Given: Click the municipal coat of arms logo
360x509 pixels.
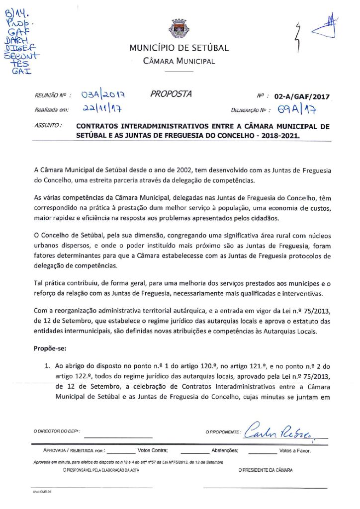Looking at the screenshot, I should coord(179,28).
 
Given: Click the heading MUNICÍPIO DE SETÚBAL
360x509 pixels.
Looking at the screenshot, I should coord(179,48).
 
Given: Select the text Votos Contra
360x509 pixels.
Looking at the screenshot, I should coord(152,451).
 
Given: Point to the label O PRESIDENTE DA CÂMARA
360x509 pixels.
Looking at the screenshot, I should coord(266,470).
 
